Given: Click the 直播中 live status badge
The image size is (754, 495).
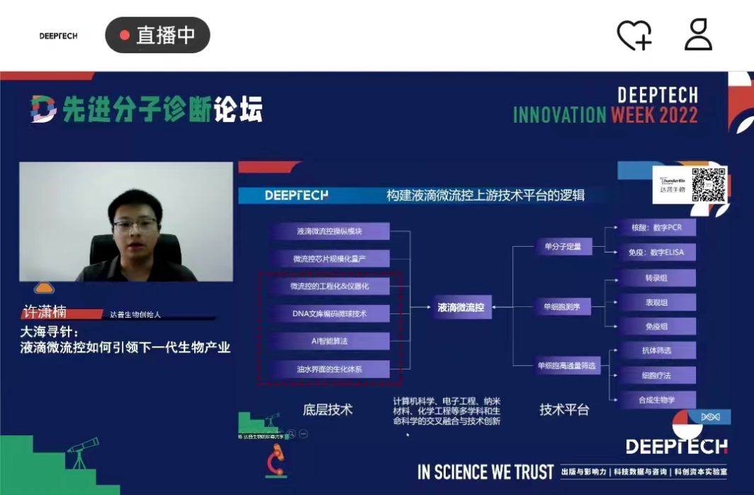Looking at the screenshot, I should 157,35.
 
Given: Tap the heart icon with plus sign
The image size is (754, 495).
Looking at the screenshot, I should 634,35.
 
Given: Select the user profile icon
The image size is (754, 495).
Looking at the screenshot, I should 698,35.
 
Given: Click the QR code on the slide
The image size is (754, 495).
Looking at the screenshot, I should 709,184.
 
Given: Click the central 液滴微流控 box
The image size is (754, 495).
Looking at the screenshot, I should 461,307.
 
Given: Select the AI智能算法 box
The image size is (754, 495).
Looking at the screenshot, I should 329,341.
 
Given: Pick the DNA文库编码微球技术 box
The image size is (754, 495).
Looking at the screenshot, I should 329,313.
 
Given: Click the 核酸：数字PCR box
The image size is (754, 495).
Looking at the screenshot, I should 656,228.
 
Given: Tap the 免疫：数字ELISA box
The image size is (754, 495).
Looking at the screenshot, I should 656,252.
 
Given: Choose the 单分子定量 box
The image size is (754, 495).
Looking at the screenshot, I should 563,247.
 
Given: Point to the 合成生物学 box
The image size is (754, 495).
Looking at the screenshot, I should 656,400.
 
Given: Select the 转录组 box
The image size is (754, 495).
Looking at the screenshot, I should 656,278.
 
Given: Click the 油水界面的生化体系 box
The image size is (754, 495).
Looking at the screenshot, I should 329,369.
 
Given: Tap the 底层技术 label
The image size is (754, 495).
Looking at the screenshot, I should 327,410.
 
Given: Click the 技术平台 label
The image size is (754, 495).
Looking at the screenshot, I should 564,410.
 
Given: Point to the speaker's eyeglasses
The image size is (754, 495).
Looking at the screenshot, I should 135,226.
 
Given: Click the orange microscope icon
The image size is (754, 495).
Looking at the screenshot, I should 276,460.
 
